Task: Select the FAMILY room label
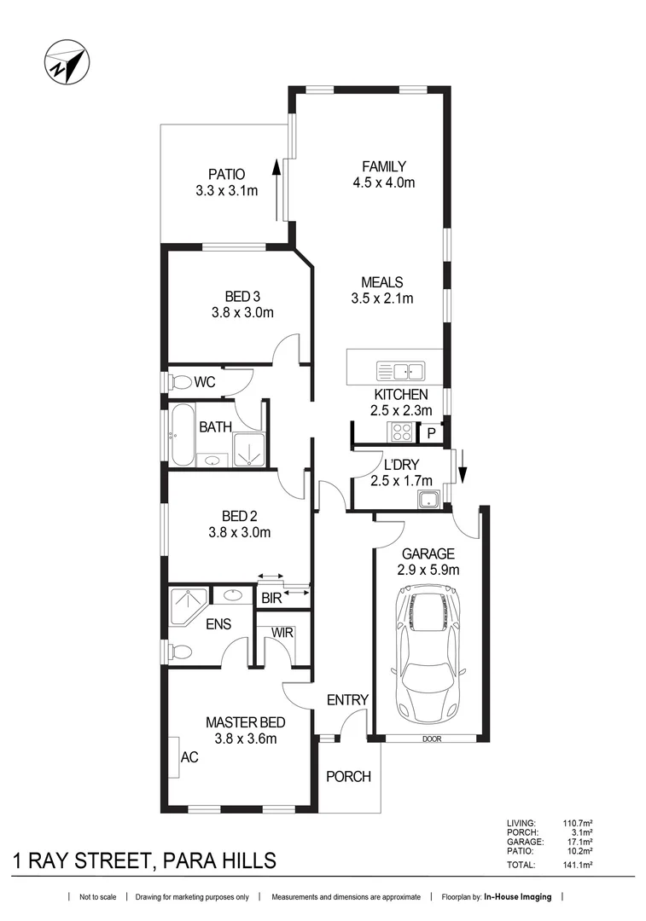point(383,166)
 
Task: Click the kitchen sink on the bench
point(400,371)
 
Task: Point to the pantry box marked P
point(432,433)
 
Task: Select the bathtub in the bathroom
point(183,436)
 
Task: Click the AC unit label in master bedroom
point(189,756)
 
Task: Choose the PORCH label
point(349,777)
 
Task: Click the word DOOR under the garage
point(432,739)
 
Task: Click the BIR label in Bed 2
point(271,599)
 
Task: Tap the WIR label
point(282,633)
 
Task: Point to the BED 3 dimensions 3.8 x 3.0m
point(242,312)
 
